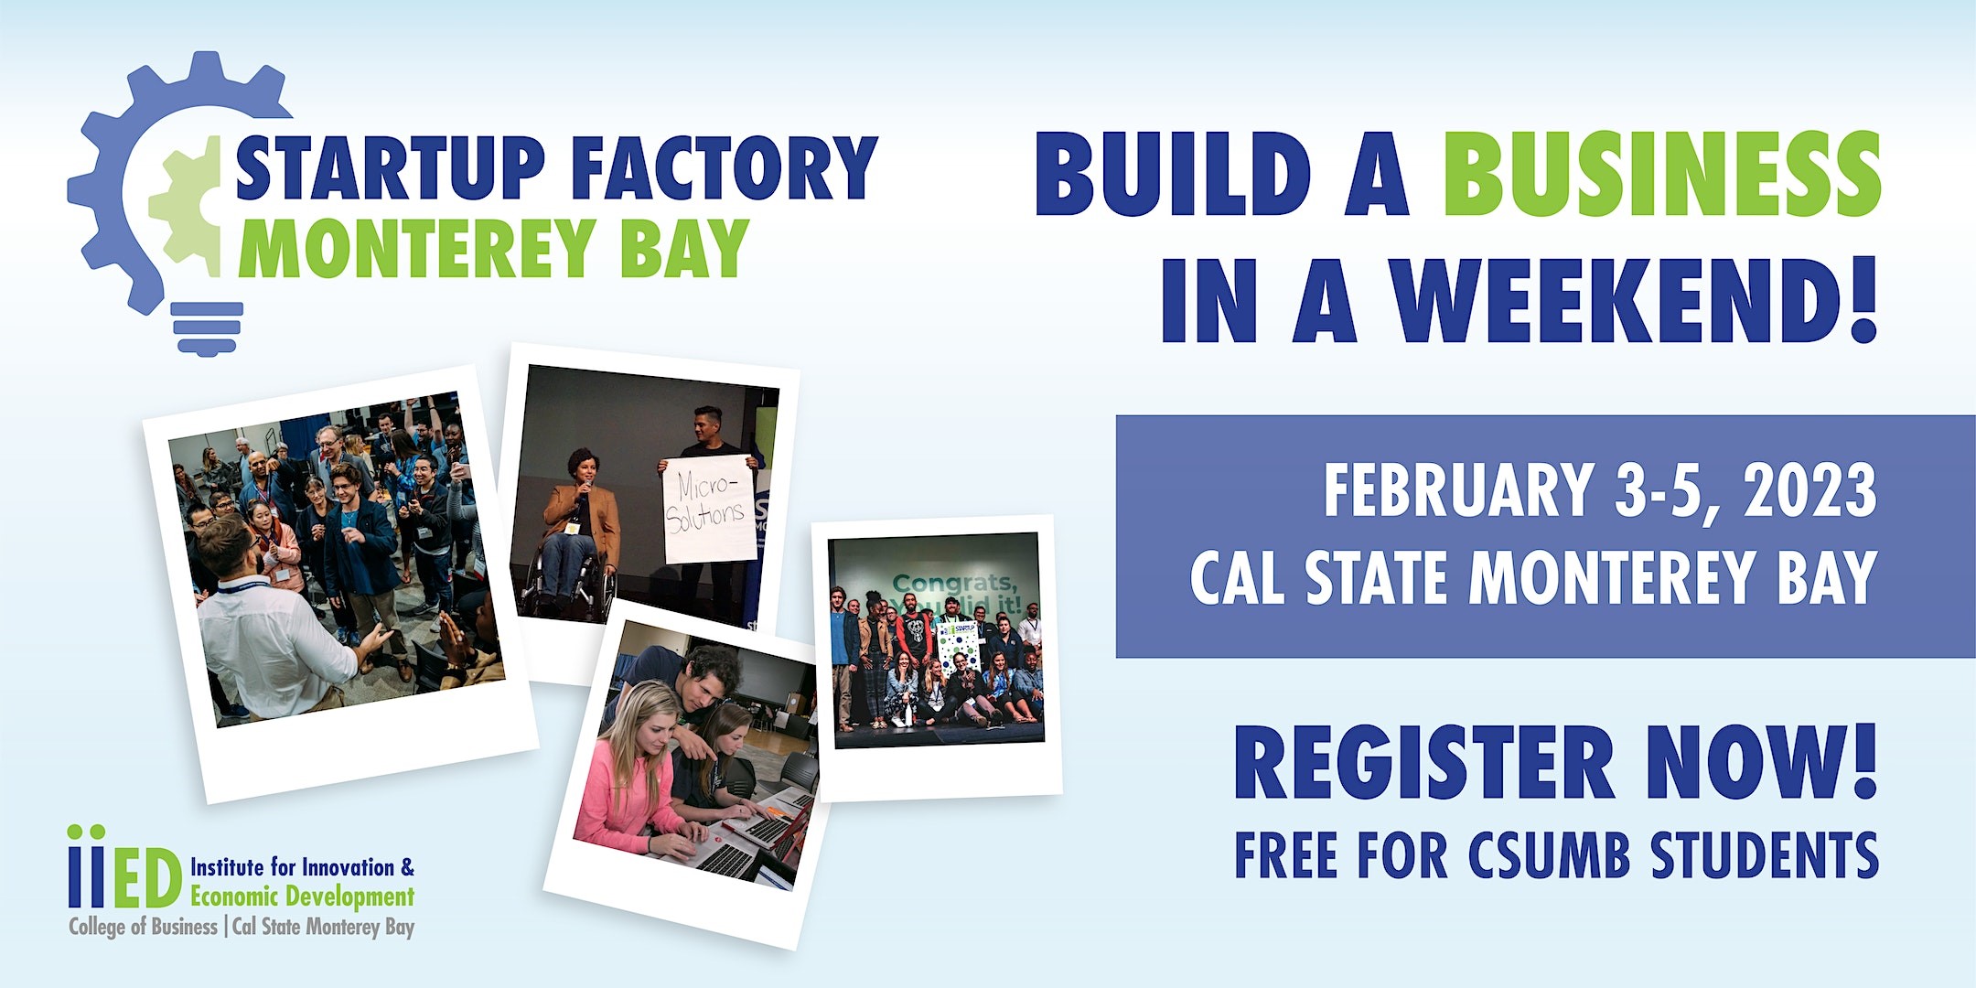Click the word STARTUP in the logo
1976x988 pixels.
pos(390,167)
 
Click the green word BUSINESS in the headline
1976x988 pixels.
pos(1662,173)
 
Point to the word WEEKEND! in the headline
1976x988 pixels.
pos(1635,299)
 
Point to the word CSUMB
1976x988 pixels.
pos(1550,854)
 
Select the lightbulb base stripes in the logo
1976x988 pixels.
pos(208,328)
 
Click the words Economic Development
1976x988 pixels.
pos(302,897)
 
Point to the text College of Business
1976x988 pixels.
pos(143,927)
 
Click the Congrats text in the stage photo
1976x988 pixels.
pos(954,583)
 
